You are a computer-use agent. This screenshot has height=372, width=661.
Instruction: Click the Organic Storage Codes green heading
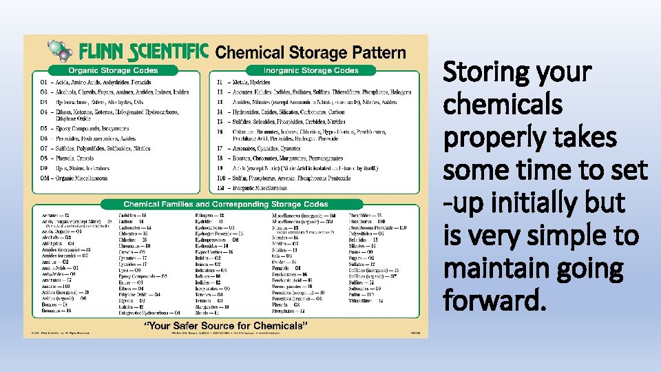[x=112, y=70]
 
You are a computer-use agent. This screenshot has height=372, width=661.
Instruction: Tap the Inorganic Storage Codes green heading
[x=311, y=70]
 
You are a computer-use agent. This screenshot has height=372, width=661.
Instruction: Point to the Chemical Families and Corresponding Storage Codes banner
[x=226, y=204]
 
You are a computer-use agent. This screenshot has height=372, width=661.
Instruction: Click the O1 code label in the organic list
[x=43, y=82]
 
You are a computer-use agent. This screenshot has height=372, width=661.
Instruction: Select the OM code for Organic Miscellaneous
[x=45, y=178]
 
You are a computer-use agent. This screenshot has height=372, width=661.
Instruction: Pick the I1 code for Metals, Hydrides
[x=220, y=82]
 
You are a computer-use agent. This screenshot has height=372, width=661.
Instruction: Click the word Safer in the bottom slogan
[x=187, y=325]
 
